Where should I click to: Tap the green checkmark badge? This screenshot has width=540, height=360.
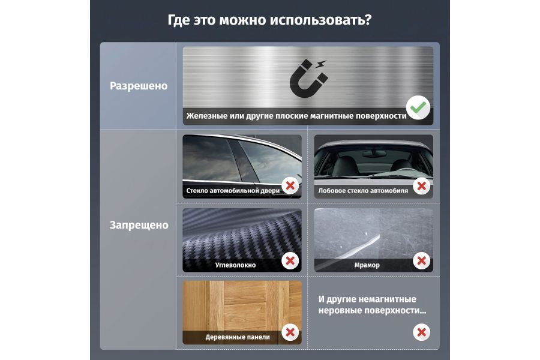click(x=418, y=107)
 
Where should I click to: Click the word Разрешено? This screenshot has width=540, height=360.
click(x=139, y=86)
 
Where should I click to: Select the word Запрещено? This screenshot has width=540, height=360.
click(x=139, y=225)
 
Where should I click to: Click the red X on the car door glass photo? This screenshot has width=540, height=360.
click(x=290, y=186)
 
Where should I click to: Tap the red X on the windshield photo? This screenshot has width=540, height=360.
click(x=422, y=186)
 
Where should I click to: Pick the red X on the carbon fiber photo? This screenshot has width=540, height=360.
click(x=290, y=261)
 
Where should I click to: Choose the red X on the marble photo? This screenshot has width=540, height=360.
click(x=422, y=261)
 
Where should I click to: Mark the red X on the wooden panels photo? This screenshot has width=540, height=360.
click(x=290, y=332)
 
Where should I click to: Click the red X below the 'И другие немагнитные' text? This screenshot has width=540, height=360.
click(x=422, y=332)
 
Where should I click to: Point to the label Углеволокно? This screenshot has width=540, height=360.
click(x=235, y=265)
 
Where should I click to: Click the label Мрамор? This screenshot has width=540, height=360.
click(x=367, y=265)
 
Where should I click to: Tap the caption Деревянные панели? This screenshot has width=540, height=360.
click(x=238, y=337)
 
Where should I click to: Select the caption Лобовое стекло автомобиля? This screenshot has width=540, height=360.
click(x=363, y=191)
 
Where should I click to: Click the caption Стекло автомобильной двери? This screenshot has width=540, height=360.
click(x=233, y=191)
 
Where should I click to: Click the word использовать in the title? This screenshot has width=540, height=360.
click(x=320, y=20)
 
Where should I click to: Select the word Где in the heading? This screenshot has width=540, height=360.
click(x=179, y=20)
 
